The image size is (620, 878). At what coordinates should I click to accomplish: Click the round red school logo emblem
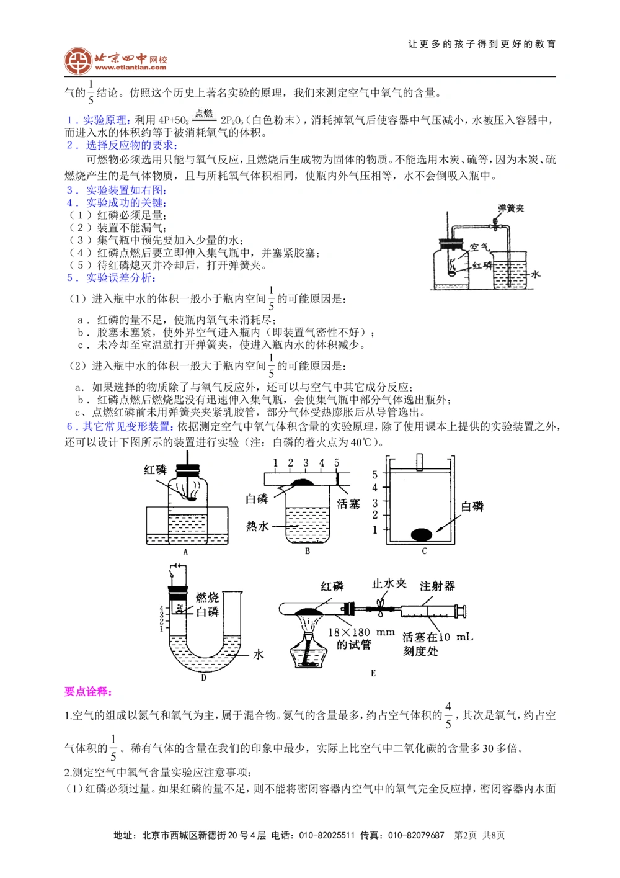(78, 61)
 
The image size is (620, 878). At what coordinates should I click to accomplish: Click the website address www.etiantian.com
(131, 68)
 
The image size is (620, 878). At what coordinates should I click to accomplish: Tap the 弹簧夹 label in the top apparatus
(511, 208)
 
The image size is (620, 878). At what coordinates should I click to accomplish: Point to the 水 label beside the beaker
(535, 274)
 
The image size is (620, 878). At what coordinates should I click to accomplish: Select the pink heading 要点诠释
(89, 691)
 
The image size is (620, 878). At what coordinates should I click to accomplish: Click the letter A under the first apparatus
(185, 552)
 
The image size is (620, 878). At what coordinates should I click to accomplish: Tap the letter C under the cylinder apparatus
(424, 551)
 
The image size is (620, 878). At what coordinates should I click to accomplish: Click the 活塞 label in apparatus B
(348, 504)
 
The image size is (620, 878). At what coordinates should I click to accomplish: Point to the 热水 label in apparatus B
(257, 526)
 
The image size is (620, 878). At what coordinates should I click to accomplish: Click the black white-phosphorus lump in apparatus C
(422, 534)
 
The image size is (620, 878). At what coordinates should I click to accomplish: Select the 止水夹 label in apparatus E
(389, 584)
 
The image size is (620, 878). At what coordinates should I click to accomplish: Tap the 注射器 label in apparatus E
(437, 586)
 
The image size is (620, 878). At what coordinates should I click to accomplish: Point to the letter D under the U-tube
(203, 678)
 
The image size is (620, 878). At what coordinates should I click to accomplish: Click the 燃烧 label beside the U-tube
(207, 597)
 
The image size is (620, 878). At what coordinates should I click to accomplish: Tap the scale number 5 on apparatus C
(374, 475)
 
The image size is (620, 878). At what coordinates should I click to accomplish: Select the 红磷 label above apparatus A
(155, 470)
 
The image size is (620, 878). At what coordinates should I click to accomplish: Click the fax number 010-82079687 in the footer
(416, 835)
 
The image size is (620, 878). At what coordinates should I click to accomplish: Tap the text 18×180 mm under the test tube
(361, 632)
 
